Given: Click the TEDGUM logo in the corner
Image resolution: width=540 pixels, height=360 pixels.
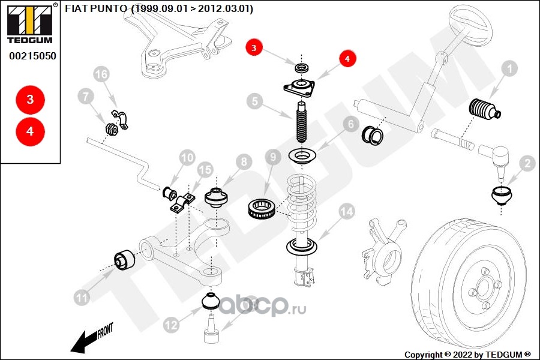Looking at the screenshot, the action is tap(30, 23).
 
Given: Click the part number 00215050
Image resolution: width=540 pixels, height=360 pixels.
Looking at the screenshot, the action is tap(32, 56).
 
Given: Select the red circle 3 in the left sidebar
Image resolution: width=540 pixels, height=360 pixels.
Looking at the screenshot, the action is tap(31, 100).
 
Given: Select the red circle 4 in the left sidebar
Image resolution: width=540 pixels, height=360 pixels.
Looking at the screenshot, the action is tap(31, 131).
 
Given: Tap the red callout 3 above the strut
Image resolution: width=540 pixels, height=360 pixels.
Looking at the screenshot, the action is tap(254, 47).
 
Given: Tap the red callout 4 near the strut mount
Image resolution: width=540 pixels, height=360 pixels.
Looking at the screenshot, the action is tap(347, 59).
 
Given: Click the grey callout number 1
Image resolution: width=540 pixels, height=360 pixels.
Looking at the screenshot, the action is tap(509, 69).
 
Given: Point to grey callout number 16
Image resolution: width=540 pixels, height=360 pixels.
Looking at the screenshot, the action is tap(101, 74).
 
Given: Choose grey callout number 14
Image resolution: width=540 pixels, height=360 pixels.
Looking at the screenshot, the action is tap(347, 212).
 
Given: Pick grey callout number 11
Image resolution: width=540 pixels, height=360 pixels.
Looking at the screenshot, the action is tap(82, 298).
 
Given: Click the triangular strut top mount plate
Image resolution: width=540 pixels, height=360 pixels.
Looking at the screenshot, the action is tap(299, 88).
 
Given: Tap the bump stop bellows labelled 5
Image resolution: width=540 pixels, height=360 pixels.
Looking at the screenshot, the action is tap(301, 122).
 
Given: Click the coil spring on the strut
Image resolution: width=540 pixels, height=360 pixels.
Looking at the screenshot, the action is tap(302, 203).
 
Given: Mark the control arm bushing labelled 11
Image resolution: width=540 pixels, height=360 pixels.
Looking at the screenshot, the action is tap(125, 261).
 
